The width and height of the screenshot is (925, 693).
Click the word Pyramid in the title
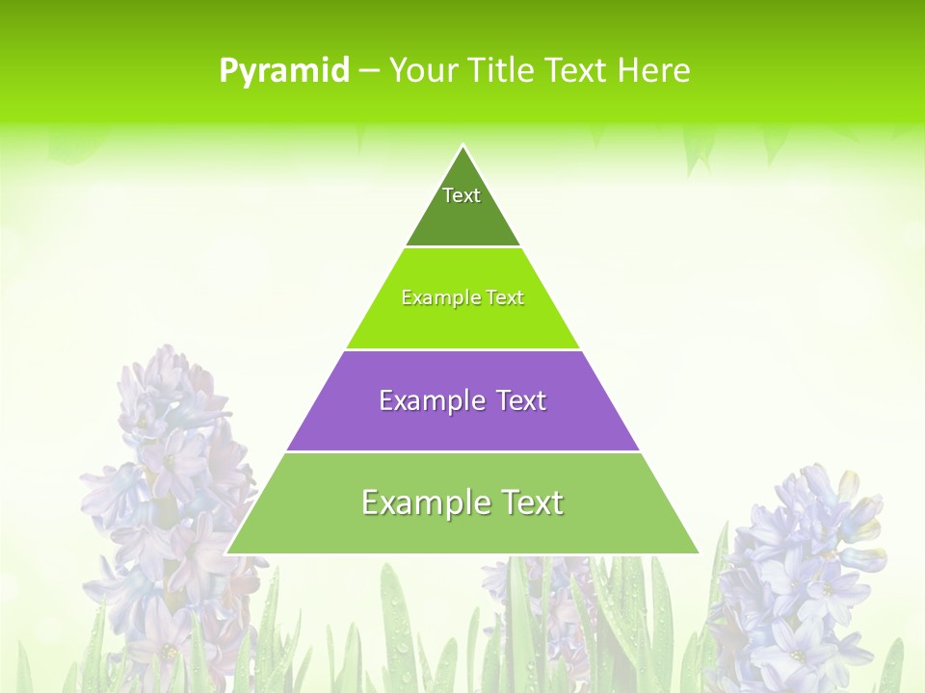coord(284,70)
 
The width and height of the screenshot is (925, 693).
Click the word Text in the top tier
coord(462,195)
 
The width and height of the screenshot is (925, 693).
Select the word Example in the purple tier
coord(431,400)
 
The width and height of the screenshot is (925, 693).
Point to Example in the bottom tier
coord(423,502)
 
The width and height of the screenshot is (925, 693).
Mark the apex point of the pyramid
coord(462,146)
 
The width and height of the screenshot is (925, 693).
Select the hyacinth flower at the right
coord(805,568)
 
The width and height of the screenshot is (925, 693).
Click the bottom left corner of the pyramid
coord(227,552)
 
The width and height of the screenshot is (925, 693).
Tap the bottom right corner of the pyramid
coord(698,552)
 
